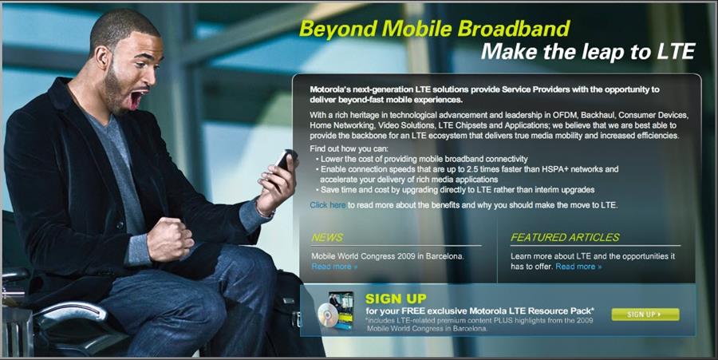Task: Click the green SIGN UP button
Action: (645, 315)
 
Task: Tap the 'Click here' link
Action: (328, 205)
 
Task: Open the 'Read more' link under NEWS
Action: (334, 267)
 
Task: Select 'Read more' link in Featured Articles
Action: (578, 267)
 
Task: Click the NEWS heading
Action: (327, 237)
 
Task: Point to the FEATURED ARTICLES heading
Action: (565, 237)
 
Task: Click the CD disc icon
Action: (329, 315)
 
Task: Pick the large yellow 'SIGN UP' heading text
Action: (396, 299)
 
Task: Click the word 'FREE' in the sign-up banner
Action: (414, 311)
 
